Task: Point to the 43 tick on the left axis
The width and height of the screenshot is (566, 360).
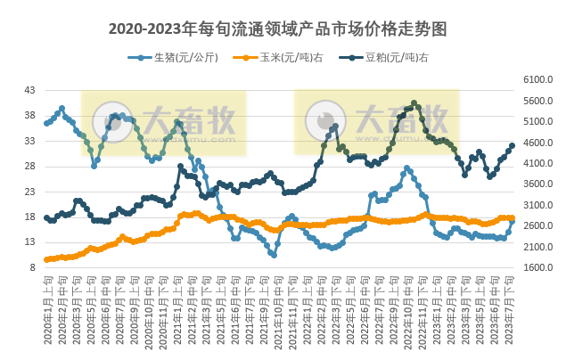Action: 29,91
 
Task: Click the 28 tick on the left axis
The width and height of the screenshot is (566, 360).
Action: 29,167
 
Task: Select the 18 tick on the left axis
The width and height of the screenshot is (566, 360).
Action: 29,217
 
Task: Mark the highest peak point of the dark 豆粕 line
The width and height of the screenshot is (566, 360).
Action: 414,103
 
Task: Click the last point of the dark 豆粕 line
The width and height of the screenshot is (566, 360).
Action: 512,146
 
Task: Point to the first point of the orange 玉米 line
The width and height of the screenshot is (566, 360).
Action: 46,259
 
